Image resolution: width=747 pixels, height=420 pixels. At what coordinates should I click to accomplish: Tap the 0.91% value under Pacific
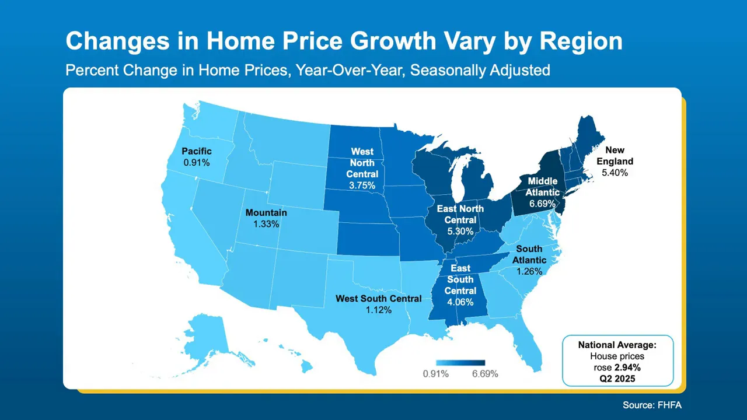click(196, 162)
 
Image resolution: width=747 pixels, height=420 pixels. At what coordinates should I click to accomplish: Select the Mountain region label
click(266, 213)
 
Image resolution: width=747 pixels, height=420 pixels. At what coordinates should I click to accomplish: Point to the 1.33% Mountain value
click(266, 224)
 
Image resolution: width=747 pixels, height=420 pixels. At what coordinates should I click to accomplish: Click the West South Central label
click(378, 299)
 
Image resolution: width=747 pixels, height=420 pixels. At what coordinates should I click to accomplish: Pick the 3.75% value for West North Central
click(362, 185)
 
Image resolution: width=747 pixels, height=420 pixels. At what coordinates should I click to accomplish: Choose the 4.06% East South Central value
click(460, 302)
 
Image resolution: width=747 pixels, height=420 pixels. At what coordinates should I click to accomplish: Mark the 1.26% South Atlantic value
click(529, 271)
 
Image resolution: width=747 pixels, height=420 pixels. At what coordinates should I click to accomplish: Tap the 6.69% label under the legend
click(484, 374)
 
